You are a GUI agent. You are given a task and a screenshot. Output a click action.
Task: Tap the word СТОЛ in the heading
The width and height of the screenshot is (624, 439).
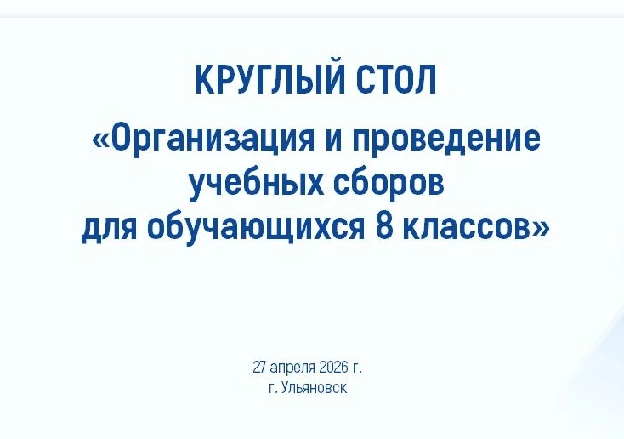pos(396,80)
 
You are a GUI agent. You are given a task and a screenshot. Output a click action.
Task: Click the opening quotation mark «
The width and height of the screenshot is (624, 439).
pos(99,140)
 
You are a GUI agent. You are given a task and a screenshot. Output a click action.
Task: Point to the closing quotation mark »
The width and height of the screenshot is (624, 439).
pos(542,229)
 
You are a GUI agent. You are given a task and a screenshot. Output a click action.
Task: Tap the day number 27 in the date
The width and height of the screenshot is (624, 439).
pos(259,367)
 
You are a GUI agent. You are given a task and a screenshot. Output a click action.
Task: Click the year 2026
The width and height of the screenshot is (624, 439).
pos(333,367)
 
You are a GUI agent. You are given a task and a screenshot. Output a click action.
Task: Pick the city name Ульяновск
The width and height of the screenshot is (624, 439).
pos(314,388)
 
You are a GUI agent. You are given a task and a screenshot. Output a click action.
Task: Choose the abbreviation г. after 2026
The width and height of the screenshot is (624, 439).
pos(357,368)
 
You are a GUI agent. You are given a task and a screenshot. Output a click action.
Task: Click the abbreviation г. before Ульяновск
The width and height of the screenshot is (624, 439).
pos(273,389)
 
